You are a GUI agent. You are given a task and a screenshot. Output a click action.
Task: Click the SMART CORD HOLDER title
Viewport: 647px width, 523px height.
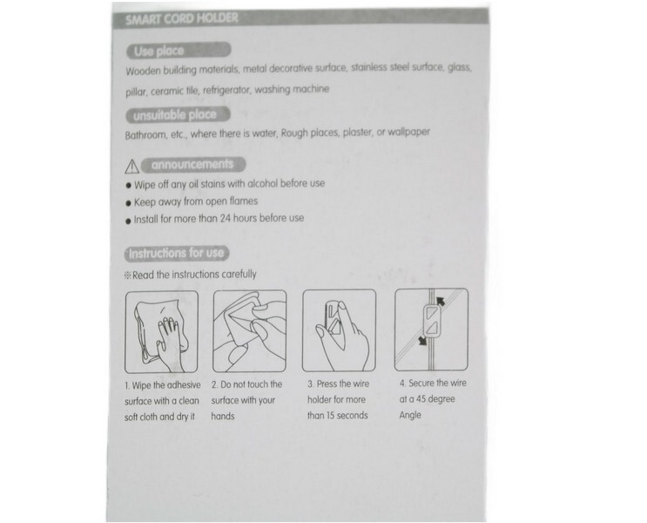tap(181, 19)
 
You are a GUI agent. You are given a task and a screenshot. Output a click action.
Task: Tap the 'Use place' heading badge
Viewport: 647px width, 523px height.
tap(179, 51)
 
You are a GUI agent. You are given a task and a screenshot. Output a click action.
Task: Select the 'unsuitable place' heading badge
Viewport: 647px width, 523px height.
tap(178, 115)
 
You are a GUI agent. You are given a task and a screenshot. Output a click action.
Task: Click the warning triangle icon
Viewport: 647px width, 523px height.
tap(131, 166)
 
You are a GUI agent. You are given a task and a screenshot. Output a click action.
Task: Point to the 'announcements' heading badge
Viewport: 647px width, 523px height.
tap(193, 165)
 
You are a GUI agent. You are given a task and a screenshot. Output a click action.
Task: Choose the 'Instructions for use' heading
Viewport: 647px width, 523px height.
tap(177, 253)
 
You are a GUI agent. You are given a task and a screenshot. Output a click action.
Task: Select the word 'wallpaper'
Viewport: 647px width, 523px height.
tap(408, 132)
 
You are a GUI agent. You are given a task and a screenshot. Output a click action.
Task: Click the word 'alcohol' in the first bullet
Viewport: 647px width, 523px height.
tap(262, 183)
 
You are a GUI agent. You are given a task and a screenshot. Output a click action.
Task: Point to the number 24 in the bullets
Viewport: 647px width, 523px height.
tap(225, 218)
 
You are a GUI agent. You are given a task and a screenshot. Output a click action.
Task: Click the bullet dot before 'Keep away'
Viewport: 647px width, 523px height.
tap(128, 203)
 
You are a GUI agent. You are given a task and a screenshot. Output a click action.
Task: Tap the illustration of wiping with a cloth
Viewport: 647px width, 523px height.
tap(161, 332)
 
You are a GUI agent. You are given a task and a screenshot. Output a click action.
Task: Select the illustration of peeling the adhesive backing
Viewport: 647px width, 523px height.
tap(250, 331)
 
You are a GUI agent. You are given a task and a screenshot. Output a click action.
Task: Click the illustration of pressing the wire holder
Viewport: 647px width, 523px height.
tap(340, 330)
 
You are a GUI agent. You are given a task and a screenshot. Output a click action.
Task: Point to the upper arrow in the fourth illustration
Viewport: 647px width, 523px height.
tap(441, 301)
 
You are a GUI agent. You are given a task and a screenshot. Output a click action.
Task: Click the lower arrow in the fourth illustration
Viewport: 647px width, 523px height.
tap(421, 341)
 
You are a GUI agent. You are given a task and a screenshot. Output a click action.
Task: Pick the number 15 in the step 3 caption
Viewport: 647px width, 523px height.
tap(331, 416)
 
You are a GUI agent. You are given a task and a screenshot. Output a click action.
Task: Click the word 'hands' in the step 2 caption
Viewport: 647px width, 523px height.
tap(223, 416)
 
